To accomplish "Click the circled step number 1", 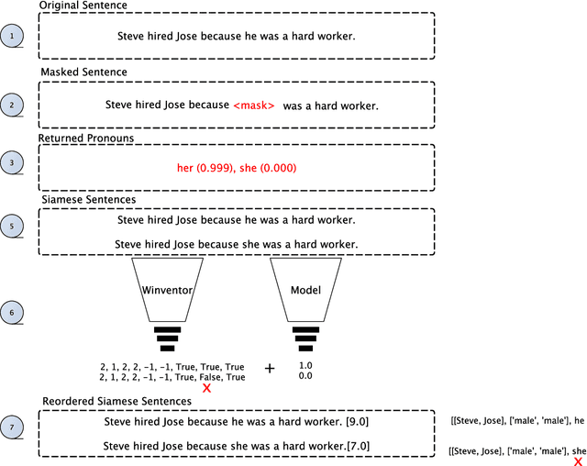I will pyautogui.click(x=12, y=37).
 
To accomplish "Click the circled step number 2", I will pyautogui.click(x=12, y=105).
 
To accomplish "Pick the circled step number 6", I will pyautogui.click(x=12, y=312).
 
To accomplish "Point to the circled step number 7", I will pyautogui.click(x=12, y=427).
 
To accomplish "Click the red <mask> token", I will pyautogui.click(x=254, y=105).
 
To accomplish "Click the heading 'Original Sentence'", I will pyautogui.click(x=83, y=6).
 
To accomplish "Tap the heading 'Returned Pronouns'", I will pyautogui.click(x=85, y=138).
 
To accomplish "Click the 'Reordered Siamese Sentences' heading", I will pyautogui.click(x=116, y=402).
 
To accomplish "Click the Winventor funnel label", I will pyautogui.click(x=166, y=290).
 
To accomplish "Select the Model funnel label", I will pyautogui.click(x=306, y=290).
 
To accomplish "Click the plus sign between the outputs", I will pyautogui.click(x=270, y=368).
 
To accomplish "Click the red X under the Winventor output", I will pyautogui.click(x=206, y=388).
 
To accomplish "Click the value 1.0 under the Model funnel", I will pyautogui.click(x=306, y=364).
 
